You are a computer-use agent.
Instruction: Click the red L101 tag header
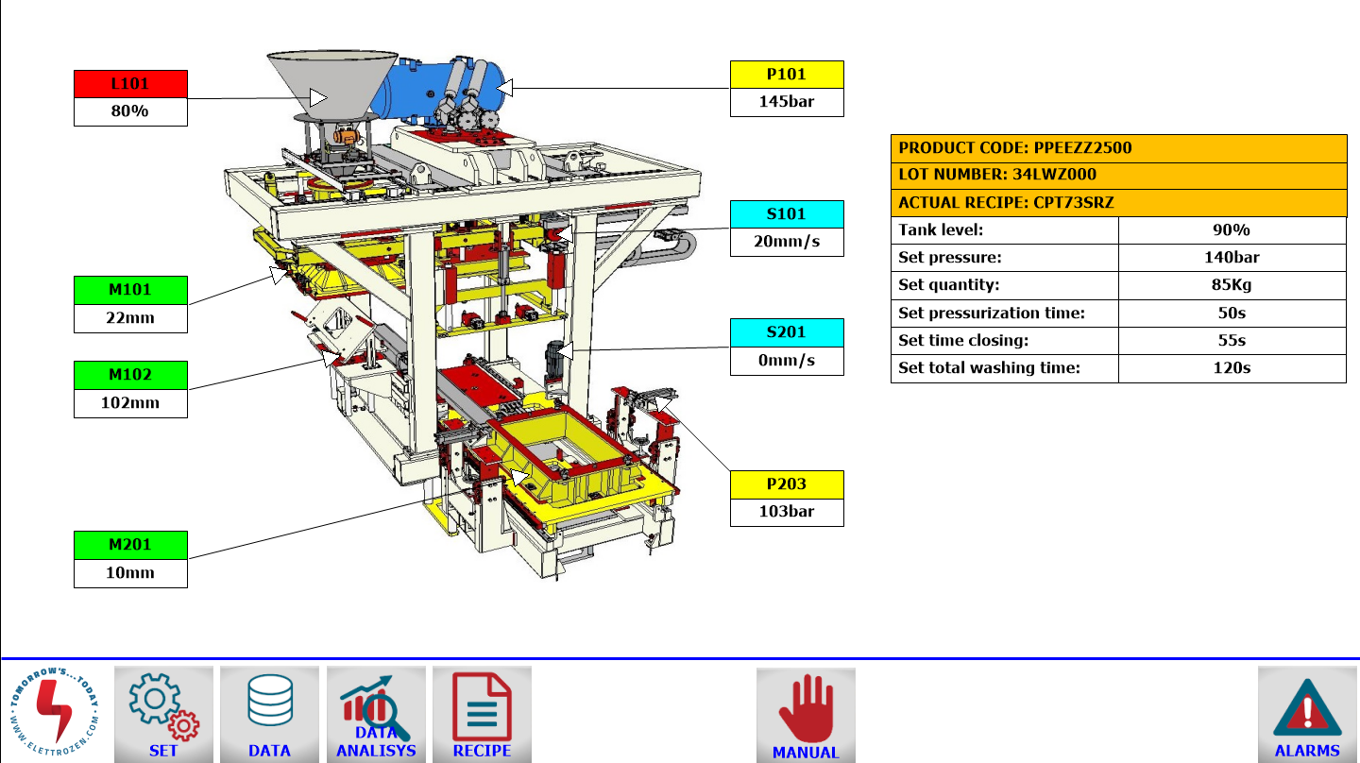tap(130, 84)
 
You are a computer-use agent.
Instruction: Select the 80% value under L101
tap(130, 111)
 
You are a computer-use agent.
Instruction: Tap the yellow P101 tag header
tap(787, 75)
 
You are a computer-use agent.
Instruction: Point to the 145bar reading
tap(787, 102)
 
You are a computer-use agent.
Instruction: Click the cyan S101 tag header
tap(787, 214)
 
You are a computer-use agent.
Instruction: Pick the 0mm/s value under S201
tap(787, 361)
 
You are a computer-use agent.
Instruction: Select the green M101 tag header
tap(130, 290)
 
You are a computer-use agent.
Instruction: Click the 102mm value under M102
tap(130, 403)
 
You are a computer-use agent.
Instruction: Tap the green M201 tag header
tap(130, 545)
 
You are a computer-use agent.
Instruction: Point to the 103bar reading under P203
tap(787, 513)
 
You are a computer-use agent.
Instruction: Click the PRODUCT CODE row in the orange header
tap(1118, 148)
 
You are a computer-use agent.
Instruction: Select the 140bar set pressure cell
tap(1232, 258)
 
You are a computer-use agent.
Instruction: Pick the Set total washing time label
tap(989, 368)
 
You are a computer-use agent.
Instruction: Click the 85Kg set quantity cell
tap(1232, 285)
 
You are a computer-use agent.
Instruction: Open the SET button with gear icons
tap(164, 715)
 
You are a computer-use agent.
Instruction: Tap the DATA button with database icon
tap(269, 715)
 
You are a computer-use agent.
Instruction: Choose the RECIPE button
tap(482, 715)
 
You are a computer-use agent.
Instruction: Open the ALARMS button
tap(1307, 715)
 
